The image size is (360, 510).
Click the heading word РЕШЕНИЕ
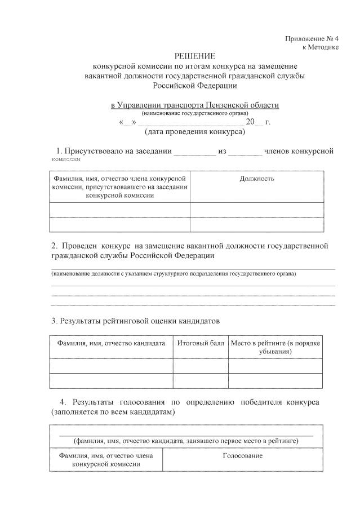195,56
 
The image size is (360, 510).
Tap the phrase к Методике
320,47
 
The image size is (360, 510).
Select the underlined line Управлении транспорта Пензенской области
194,105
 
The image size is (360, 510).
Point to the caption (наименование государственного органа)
194,113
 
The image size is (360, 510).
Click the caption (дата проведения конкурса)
194,132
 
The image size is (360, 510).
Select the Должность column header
256,179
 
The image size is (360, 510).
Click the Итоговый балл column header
200,343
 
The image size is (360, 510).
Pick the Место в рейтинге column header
275,347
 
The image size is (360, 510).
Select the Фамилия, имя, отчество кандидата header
110,343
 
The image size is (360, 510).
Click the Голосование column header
243,455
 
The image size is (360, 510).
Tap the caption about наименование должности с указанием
174,274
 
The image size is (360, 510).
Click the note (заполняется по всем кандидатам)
112,412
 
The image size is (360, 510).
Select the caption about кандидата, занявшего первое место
186,440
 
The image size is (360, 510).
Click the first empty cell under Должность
256,210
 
